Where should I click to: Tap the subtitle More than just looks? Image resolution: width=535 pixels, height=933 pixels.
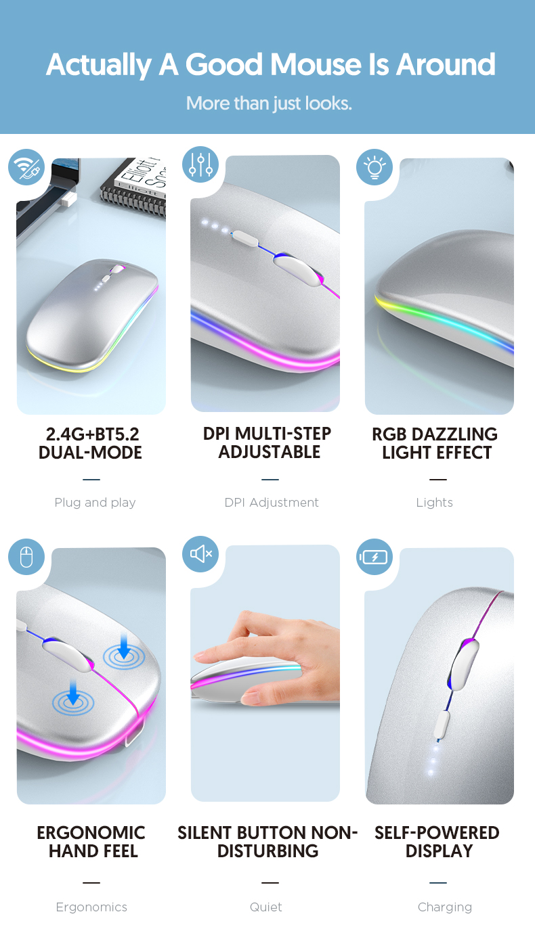point(269,104)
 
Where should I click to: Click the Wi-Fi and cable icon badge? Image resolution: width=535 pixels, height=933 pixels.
point(26,167)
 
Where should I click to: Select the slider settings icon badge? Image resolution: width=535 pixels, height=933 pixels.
point(200,164)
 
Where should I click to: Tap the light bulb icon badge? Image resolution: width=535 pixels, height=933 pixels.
point(374,167)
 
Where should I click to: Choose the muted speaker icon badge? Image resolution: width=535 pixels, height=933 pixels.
point(200,554)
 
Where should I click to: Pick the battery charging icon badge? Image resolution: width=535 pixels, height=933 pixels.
point(374,557)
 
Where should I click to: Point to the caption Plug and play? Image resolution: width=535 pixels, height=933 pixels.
point(95,503)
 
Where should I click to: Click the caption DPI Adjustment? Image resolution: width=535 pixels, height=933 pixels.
point(271,503)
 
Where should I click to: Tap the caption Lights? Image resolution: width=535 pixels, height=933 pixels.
point(434,503)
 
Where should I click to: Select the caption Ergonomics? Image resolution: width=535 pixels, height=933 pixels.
point(91,907)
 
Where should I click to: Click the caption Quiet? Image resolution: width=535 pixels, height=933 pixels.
point(265,907)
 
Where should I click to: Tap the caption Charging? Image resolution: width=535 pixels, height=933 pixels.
point(444,907)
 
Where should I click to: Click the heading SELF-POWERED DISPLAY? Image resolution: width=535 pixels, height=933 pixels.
point(437,842)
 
